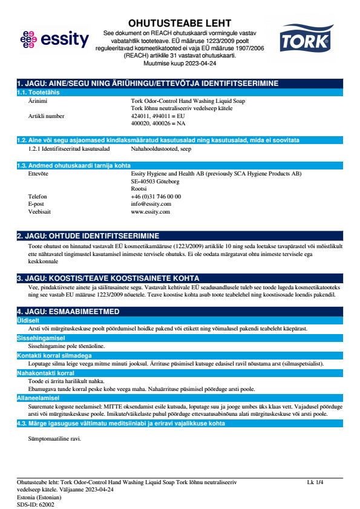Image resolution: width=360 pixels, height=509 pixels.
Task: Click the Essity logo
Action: tap(54, 41)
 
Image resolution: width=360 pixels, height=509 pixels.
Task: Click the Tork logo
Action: tap(305, 39)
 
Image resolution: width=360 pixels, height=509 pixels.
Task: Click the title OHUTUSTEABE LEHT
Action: tap(180, 22)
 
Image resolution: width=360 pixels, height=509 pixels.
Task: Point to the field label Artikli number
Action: tap(46, 115)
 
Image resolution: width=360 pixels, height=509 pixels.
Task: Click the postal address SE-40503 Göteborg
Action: tap(155, 181)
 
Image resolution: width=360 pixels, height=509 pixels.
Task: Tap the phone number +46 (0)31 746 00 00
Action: tap(155, 196)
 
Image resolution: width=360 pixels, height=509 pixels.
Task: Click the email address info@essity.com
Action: tap(151, 204)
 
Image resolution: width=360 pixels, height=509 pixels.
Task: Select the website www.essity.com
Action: tap(150, 212)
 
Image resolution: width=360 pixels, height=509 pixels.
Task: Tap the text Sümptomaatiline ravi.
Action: tap(54, 438)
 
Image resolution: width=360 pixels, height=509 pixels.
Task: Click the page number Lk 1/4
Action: tap(315, 482)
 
